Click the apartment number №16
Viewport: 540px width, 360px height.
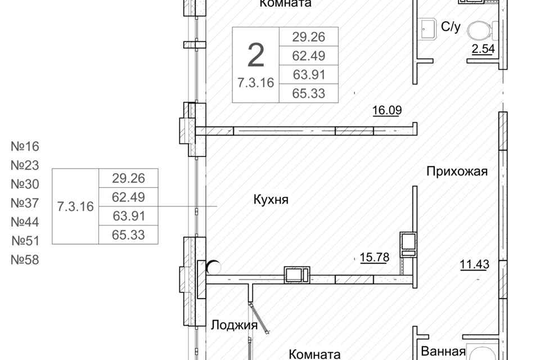click(x=25, y=147)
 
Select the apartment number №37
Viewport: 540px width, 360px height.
click(x=25, y=203)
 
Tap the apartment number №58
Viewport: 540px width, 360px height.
click(x=25, y=260)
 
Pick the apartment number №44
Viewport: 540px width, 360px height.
click(x=25, y=222)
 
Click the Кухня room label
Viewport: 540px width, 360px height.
click(x=271, y=200)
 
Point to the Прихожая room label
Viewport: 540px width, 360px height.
click(x=456, y=172)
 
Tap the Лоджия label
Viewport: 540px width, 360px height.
click(x=234, y=325)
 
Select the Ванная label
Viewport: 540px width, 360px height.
click(x=443, y=352)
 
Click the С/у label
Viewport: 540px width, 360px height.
click(x=451, y=26)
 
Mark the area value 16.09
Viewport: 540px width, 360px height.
click(x=386, y=110)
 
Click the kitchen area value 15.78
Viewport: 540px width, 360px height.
click(x=373, y=258)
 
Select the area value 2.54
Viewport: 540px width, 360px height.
click(x=483, y=49)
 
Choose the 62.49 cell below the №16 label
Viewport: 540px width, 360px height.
click(x=128, y=197)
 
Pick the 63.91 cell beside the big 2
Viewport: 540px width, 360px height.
click(x=308, y=74)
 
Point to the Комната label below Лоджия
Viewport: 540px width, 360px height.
click(x=314, y=354)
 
